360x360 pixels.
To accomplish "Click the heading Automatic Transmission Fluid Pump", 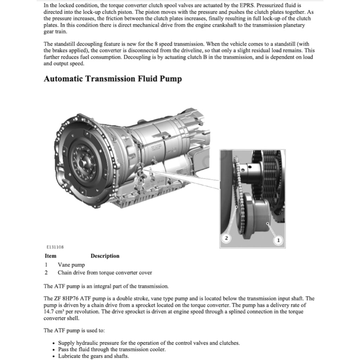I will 112,79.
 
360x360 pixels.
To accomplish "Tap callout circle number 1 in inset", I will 278,240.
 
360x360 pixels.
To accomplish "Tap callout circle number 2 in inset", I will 226,238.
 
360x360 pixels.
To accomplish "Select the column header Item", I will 50,256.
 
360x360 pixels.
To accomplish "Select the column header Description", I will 105,256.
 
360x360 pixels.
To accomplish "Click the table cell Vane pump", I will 71,265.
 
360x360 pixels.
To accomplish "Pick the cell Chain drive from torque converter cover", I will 105,272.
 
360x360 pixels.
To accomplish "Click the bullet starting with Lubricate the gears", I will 94,356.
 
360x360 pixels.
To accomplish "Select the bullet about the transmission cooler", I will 111,349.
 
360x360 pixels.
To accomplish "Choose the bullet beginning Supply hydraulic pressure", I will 149,343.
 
